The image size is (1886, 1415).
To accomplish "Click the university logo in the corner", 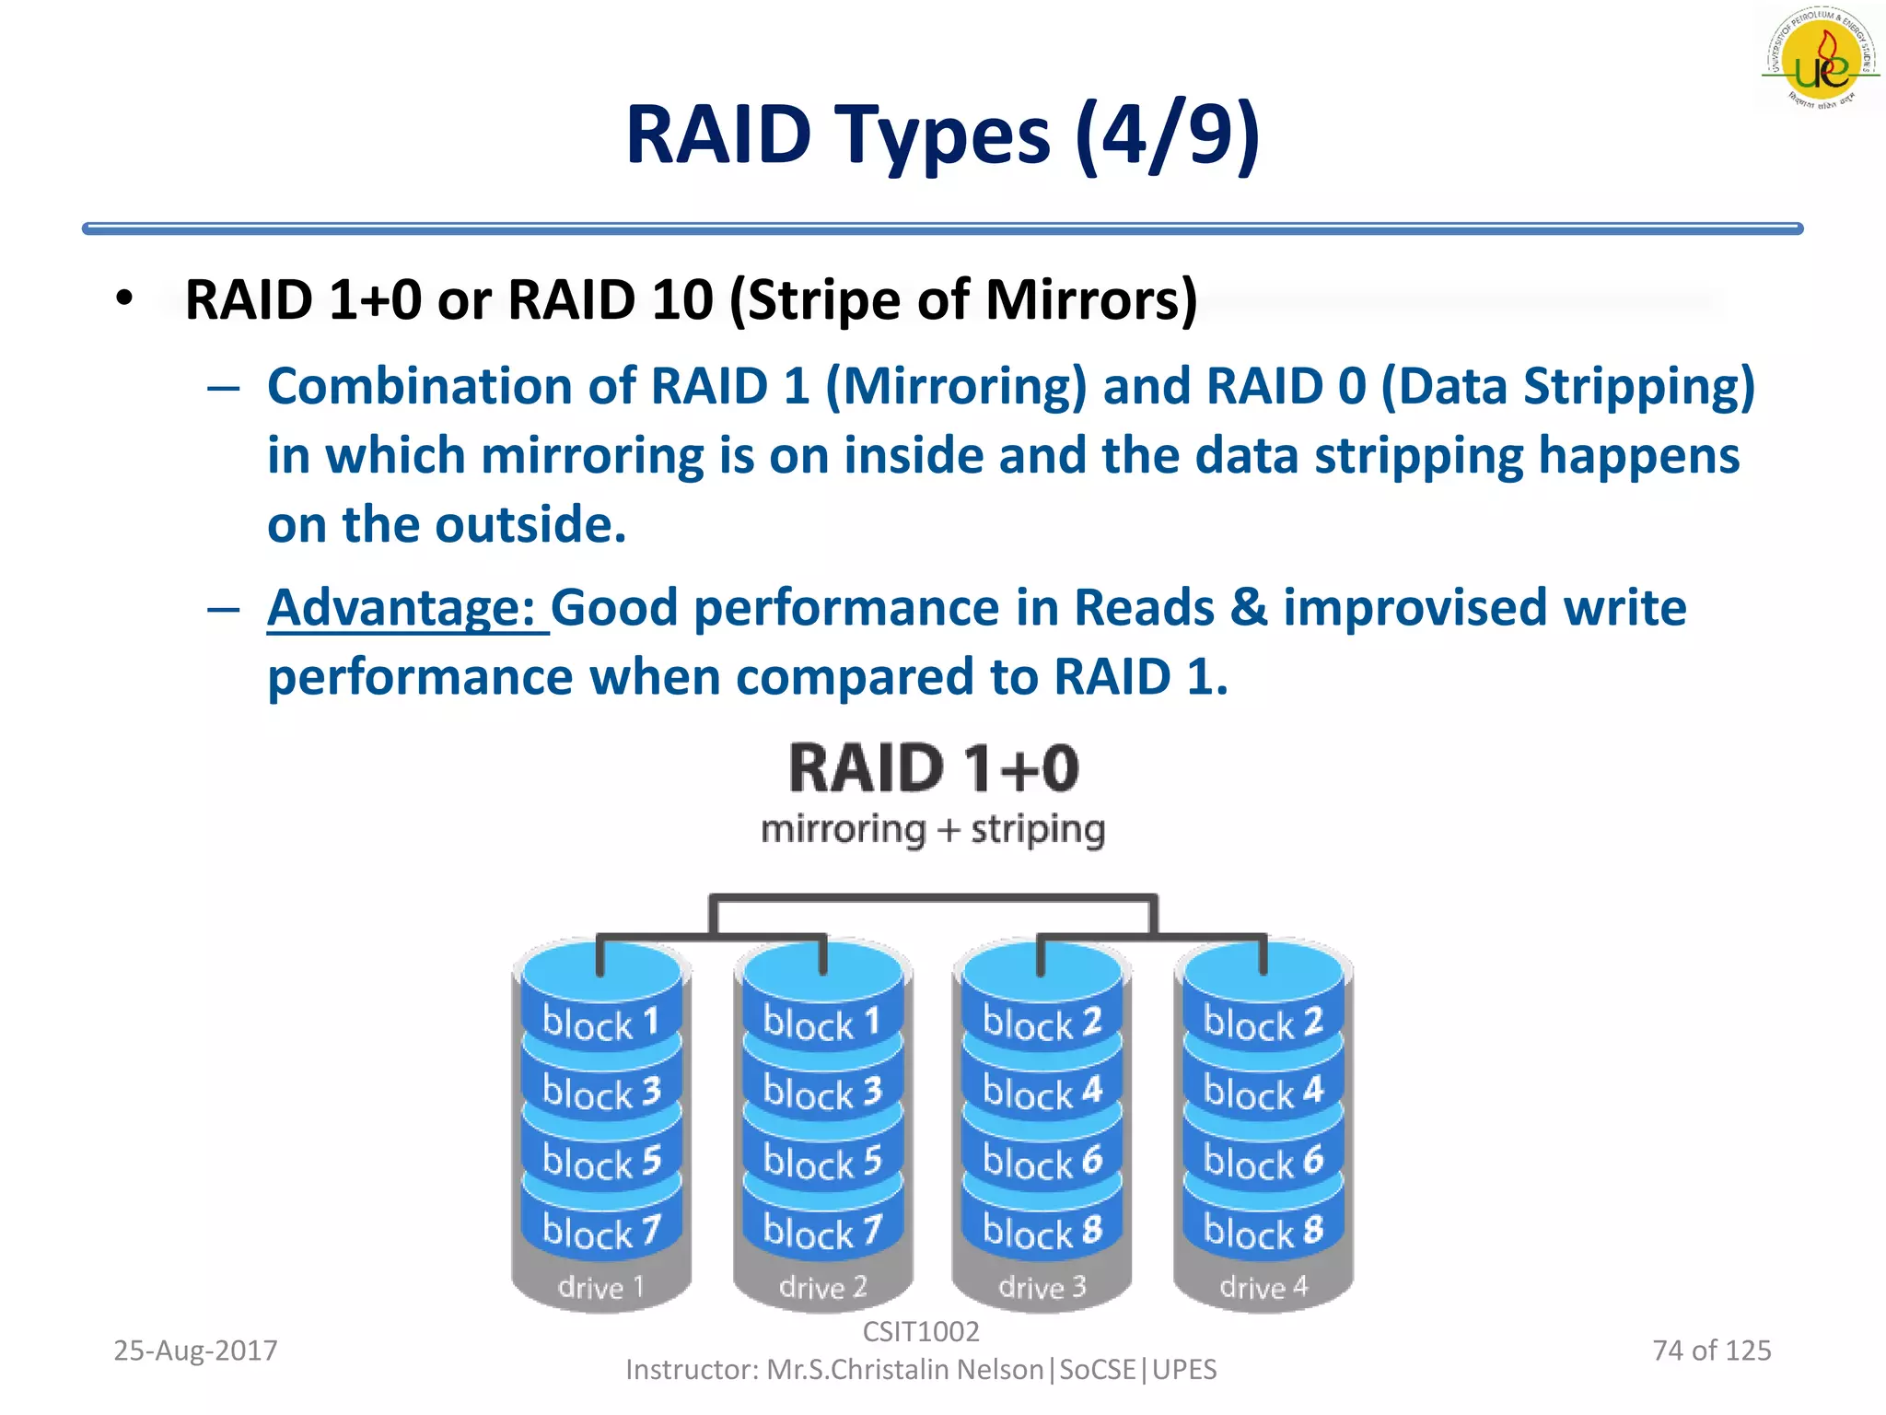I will click(x=1821, y=60).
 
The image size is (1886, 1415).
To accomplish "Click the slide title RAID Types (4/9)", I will click(x=942, y=135).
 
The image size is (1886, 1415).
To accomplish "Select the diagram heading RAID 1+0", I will click(x=933, y=768).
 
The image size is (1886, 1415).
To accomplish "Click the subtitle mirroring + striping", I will click(x=932, y=829).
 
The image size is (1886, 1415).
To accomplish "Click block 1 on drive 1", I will click(x=600, y=1023).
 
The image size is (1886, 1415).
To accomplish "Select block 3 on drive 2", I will click(x=821, y=1093).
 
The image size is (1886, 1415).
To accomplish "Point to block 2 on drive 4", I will click(x=1263, y=1023).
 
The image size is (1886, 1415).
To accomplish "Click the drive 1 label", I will click(x=600, y=1287).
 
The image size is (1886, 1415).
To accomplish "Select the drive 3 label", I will click(x=1042, y=1287).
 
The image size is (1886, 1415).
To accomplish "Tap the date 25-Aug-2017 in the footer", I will click(x=195, y=1351).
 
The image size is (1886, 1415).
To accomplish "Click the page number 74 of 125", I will click(x=1711, y=1351).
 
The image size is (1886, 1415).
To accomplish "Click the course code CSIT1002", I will click(x=920, y=1331).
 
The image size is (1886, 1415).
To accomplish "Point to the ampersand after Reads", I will click(x=1248, y=608).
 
